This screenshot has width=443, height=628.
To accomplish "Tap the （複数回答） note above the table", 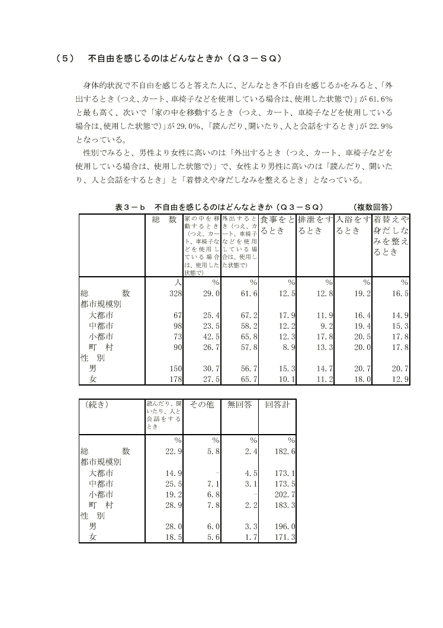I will (x=372, y=207).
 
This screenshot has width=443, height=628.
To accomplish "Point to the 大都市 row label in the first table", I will (x=101, y=315).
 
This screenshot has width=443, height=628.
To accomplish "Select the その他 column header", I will (x=202, y=405).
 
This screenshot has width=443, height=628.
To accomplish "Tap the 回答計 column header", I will (x=277, y=405).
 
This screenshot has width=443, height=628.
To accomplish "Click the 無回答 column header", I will (x=240, y=405).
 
